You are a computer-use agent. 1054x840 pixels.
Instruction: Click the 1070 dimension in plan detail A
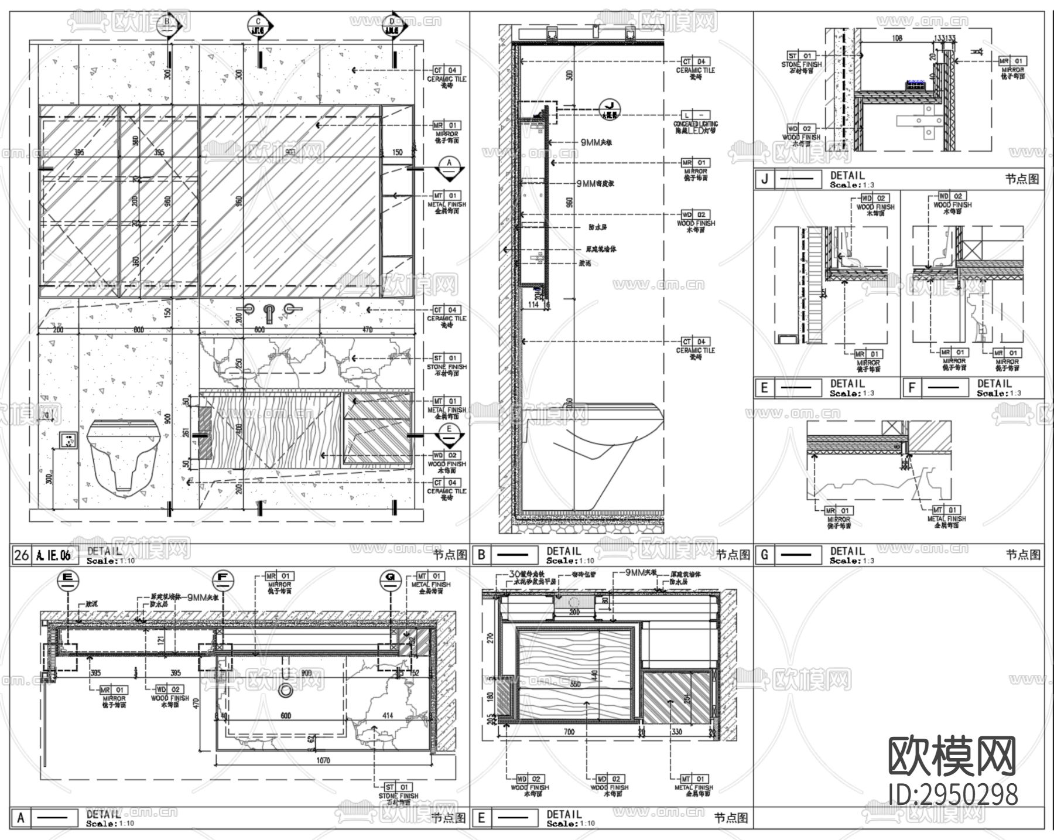[x=323, y=760]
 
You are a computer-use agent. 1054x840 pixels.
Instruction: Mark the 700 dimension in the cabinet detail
[x=569, y=732]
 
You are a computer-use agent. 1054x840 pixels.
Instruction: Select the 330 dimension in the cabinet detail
[x=676, y=732]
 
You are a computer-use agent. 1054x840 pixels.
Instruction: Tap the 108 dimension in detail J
[x=896, y=38]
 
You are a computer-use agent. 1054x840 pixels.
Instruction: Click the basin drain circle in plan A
[x=286, y=691]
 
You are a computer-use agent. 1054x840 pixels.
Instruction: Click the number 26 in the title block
[x=21, y=555]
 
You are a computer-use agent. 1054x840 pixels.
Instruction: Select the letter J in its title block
[x=764, y=179]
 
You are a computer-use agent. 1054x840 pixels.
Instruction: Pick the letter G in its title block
[x=764, y=555]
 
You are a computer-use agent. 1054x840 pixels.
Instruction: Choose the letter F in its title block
[x=912, y=388]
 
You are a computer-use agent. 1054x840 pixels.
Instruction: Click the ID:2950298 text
[x=953, y=795]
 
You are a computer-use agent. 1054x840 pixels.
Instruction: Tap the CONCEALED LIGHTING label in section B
[x=696, y=124]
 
